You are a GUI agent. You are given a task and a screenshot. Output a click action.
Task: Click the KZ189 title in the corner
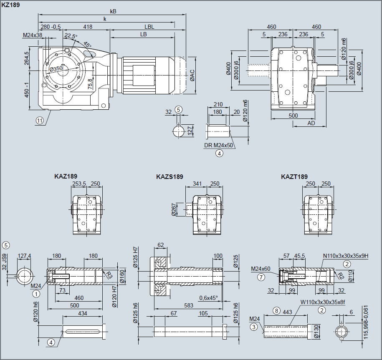10,5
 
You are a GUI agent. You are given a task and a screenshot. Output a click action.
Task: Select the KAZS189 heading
169,177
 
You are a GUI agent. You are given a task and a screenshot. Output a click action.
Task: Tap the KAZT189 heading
294,177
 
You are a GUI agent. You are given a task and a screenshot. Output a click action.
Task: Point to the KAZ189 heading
66,176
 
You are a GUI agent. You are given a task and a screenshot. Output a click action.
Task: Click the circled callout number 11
40,121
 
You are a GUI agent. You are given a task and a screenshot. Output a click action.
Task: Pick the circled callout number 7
261,277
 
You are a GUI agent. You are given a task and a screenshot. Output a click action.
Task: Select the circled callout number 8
276,311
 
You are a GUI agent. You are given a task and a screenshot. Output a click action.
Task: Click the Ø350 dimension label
56,69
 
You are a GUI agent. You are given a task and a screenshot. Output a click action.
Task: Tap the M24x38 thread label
33,35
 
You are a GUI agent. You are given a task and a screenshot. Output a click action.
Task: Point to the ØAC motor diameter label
192,76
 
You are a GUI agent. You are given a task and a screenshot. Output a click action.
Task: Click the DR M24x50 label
218,145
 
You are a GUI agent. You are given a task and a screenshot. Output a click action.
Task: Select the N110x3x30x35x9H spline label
346,256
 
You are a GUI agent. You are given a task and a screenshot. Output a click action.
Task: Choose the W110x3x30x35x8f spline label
323,302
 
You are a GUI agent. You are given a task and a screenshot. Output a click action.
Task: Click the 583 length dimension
189,305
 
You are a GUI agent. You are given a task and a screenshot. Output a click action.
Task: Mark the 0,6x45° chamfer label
209,298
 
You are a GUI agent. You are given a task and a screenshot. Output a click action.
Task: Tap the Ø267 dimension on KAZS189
174,209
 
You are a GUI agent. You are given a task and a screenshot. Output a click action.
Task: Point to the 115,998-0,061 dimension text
365,322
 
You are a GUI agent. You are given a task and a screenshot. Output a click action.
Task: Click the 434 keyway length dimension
83,313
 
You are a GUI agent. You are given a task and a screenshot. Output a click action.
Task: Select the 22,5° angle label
71,36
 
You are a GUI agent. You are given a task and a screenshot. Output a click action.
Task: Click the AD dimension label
311,123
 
